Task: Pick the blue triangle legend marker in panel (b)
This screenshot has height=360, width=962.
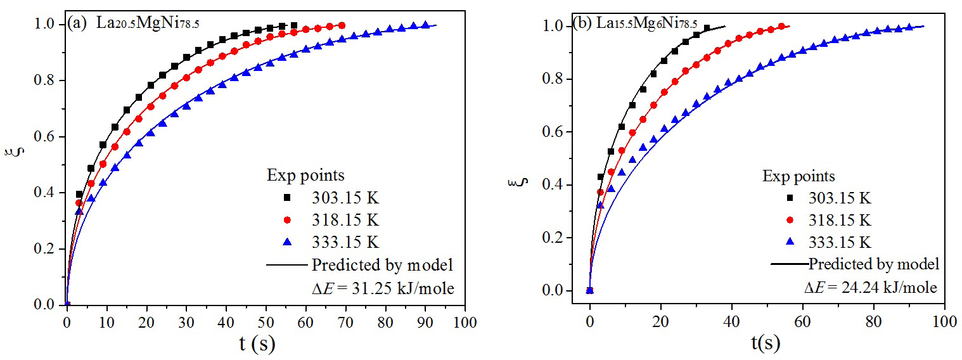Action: tap(790, 242)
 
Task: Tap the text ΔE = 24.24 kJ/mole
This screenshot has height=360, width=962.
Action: tap(870, 288)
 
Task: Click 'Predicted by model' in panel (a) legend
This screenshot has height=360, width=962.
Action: tap(383, 265)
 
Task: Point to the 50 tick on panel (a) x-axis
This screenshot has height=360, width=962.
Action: tap(266, 321)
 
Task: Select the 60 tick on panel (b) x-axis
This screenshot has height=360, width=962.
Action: tap(803, 321)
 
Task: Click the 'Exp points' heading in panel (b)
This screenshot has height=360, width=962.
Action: tap(798, 176)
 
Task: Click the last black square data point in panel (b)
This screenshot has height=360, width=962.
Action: tap(707, 29)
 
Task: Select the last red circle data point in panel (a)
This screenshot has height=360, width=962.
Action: tap(342, 25)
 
